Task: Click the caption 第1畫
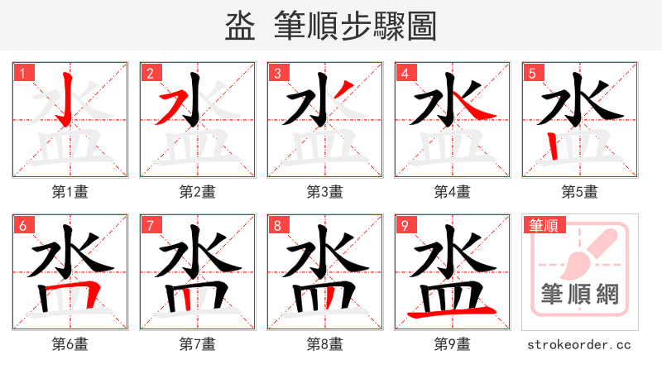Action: (x=70, y=192)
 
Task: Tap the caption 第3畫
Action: (x=325, y=192)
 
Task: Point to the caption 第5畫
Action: (x=580, y=192)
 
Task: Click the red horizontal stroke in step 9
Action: (x=453, y=312)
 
